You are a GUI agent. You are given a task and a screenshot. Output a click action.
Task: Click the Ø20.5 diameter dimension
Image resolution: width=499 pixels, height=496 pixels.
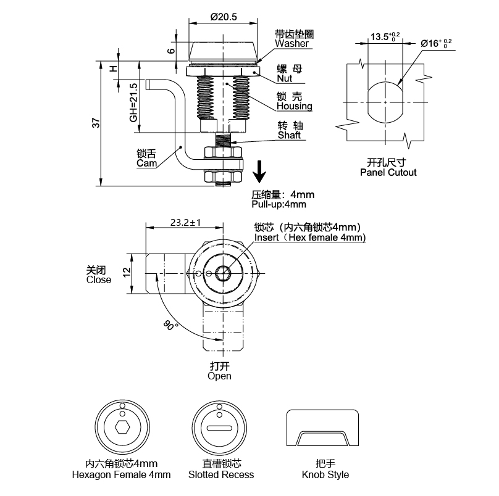tap(224, 17)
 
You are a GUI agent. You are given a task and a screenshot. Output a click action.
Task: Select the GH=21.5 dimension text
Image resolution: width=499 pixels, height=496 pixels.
tap(133, 102)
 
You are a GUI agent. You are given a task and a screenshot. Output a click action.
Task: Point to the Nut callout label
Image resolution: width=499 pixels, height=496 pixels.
tap(284, 79)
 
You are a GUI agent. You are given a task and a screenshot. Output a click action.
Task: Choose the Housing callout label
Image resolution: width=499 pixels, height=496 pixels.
tap(294, 107)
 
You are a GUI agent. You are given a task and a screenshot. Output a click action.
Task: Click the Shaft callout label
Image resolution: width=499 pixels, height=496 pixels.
tap(289, 135)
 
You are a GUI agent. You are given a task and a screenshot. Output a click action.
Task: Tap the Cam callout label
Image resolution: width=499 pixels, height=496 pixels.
tap(146, 163)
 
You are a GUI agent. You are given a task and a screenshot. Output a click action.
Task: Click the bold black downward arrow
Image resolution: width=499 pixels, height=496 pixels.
tap(261, 171)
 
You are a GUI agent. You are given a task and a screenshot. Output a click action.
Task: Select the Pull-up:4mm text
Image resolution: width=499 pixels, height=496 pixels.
tap(279, 204)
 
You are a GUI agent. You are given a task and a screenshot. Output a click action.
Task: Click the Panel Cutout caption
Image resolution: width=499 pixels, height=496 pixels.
tap(388, 173)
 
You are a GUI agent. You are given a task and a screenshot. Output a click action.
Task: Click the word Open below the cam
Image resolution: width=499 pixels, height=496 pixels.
tap(219, 376)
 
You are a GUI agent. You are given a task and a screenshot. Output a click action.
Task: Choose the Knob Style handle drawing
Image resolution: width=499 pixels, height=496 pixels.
tap(322, 429)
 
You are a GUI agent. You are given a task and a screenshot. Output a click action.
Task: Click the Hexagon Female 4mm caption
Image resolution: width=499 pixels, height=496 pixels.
tap(121, 474)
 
